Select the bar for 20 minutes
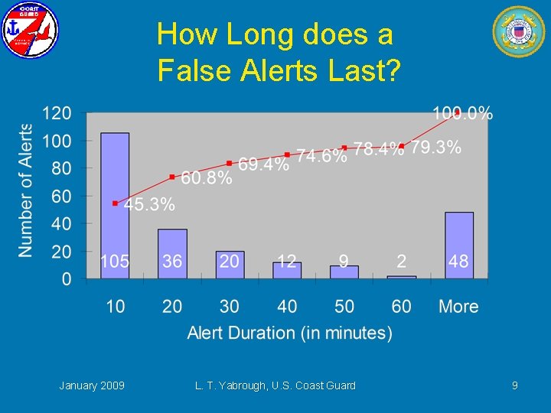pyautogui.click(x=172, y=253)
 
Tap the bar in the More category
pyautogui.click(x=459, y=245)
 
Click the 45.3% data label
pyautogui.click(x=150, y=205)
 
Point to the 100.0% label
pyautogui.click(x=463, y=114)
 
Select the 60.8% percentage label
pyautogui.click(x=207, y=178)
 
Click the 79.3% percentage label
pyautogui.click(x=436, y=148)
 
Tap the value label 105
pyautogui.click(x=115, y=262)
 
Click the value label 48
pyautogui.click(x=458, y=262)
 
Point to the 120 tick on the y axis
pyautogui.click(x=57, y=113)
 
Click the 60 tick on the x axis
pyautogui.click(x=402, y=307)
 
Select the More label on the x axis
pyautogui.click(x=458, y=307)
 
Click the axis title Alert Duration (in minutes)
pyautogui.click(x=290, y=333)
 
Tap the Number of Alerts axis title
pyautogui.click(x=26, y=190)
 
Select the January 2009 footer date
pyautogui.click(x=92, y=385)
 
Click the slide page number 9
pyautogui.click(x=515, y=385)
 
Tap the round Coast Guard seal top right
pyautogui.click(x=519, y=31)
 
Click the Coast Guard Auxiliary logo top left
pyautogui.click(x=30, y=31)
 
